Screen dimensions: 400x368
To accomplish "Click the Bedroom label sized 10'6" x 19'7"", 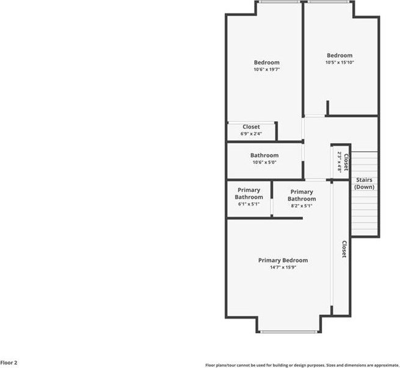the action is click(x=267, y=62).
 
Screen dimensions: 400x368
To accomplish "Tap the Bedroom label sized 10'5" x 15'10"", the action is click(x=340, y=55).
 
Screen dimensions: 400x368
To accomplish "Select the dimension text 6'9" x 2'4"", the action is click(x=251, y=133).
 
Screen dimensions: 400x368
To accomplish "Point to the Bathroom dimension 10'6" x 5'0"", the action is click(x=264, y=162).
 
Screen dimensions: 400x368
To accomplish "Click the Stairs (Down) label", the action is click(x=365, y=183).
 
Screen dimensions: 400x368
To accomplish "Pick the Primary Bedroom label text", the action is click(x=283, y=260).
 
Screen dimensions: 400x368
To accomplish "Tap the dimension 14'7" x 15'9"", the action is click(x=283, y=267).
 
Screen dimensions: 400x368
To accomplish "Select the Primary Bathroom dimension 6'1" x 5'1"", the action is click(x=249, y=204).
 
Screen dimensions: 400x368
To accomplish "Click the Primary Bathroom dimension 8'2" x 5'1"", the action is click(x=302, y=206).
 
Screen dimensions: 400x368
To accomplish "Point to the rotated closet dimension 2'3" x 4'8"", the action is click(x=340, y=161).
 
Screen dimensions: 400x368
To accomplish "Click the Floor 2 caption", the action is click(x=9, y=363).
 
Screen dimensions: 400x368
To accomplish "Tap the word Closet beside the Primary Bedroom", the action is click(x=344, y=249).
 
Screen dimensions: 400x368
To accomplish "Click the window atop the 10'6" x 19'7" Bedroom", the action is click(x=280, y=2).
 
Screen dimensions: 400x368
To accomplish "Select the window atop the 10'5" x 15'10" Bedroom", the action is click(x=328, y=2).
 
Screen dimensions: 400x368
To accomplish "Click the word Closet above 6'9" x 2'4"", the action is click(x=251, y=127).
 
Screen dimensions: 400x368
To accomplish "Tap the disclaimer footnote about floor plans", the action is click(x=302, y=365).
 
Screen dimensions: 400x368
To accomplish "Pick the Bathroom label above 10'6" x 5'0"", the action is click(x=264, y=155).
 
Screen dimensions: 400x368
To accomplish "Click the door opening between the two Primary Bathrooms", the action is click(x=272, y=207).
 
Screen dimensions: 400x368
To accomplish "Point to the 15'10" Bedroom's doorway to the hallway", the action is click(x=315, y=116).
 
